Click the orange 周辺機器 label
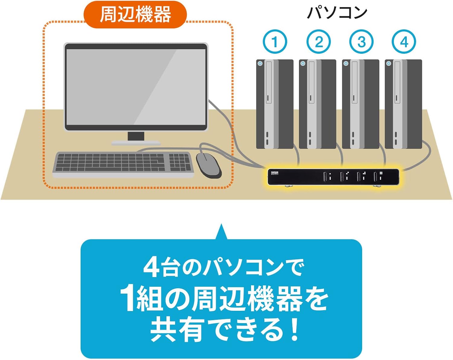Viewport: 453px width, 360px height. point(135,14)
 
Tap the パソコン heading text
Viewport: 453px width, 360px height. point(337,13)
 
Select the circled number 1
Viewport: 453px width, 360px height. point(275,42)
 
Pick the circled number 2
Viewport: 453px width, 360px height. point(318,42)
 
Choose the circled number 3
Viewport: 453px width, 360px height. point(361,42)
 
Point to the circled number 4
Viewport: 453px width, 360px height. point(404,42)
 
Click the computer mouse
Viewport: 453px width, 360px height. point(209,165)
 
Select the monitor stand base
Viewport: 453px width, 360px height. point(136,142)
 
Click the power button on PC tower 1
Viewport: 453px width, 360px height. point(260,63)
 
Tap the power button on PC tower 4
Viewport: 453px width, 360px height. point(389,63)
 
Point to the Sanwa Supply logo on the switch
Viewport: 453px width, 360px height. point(275,173)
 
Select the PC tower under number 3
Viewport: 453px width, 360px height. point(360,104)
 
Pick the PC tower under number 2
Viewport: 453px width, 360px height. point(317,104)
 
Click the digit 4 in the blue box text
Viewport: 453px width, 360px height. point(151,267)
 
